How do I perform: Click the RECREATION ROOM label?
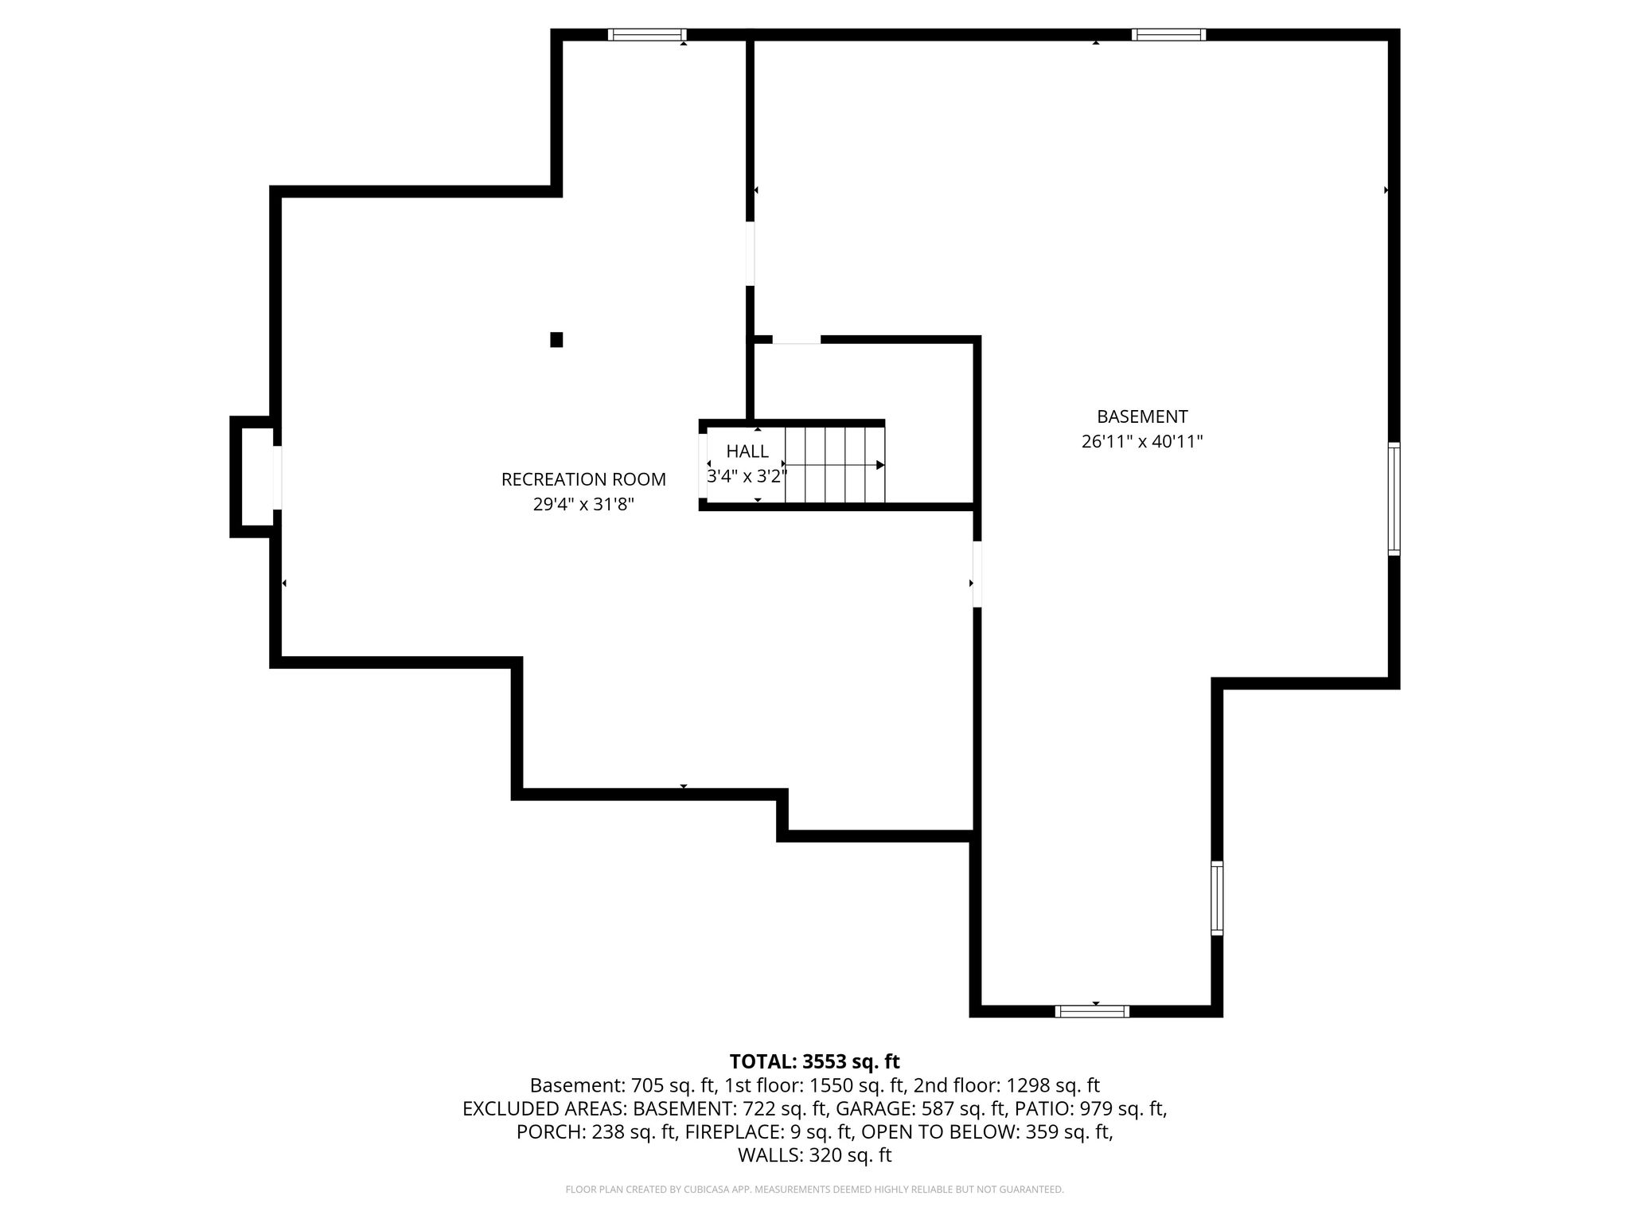[x=583, y=479]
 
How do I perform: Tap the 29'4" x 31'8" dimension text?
[x=583, y=504]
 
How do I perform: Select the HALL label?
[x=747, y=451]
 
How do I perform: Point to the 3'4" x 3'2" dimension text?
[x=747, y=476]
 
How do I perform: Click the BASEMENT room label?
[x=1142, y=416]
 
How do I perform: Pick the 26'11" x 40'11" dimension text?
[x=1142, y=441]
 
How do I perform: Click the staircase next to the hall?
[x=835, y=465]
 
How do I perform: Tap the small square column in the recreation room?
[x=556, y=340]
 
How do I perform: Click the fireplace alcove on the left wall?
[x=253, y=477]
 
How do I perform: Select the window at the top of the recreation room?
[x=647, y=34]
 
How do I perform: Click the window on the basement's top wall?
[x=1168, y=34]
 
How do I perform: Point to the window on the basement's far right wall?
[x=1394, y=498]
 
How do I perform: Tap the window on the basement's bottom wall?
[x=1092, y=1011]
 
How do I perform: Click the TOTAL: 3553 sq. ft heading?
[x=814, y=1061]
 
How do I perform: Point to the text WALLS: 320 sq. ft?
[x=814, y=1155]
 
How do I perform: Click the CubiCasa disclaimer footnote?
[x=814, y=1190]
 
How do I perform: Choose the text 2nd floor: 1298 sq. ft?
[x=1006, y=1085]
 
